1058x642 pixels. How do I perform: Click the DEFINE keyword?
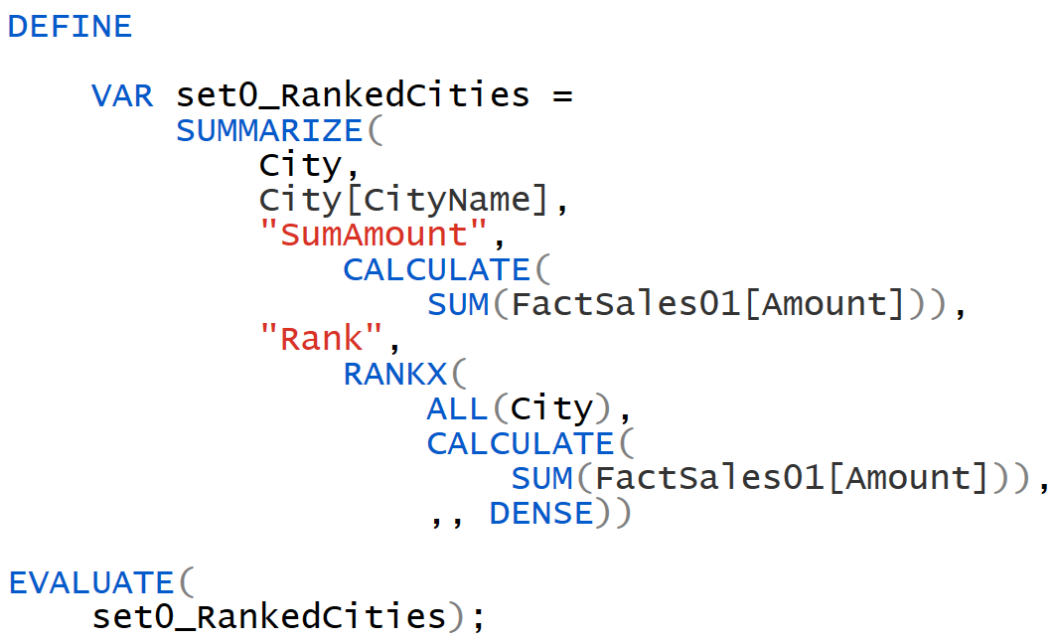(70, 26)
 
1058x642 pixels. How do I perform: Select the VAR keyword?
(122, 95)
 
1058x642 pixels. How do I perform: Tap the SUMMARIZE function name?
(269, 130)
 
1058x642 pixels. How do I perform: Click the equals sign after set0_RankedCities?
(563, 95)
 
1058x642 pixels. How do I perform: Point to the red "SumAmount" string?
(374, 235)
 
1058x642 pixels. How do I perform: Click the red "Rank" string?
(322, 339)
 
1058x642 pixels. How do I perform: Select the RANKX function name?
(394, 374)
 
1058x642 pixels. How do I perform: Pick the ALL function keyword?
(458, 408)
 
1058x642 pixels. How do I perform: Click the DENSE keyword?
(541, 513)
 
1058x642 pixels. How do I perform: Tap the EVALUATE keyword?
(90, 582)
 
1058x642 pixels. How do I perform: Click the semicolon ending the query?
(479, 617)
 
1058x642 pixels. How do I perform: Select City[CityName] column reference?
(404, 200)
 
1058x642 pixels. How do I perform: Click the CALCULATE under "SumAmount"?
(436, 269)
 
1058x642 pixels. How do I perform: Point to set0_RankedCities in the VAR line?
(353, 95)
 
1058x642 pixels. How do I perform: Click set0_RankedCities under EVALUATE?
(269, 617)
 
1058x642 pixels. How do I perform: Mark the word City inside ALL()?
(551, 408)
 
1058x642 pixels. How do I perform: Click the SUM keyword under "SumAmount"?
(458, 304)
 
